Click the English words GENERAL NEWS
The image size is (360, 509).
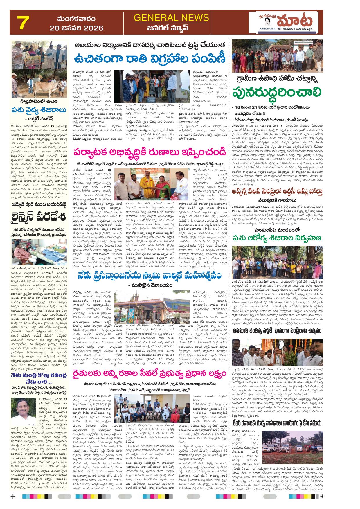coord(171,18)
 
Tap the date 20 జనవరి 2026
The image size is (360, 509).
coord(77,28)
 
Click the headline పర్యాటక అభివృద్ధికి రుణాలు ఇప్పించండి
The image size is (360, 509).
coord(149,152)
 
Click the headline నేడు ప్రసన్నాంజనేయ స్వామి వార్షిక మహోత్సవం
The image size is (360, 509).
coord(150,276)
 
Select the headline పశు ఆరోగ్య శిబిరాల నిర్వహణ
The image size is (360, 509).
coord(277,238)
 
